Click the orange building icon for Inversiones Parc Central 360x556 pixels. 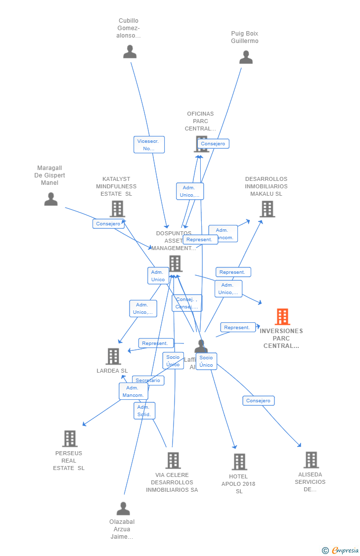click(x=282, y=317)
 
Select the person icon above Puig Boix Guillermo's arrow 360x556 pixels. click(x=246, y=57)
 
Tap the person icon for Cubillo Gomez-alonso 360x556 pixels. click(x=130, y=51)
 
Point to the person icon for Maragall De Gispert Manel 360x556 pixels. click(x=51, y=199)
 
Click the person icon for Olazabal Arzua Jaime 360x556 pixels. click(x=123, y=509)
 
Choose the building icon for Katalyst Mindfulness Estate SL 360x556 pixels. click(x=117, y=209)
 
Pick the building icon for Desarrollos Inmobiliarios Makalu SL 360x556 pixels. click(x=267, y=209)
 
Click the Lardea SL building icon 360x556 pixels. click(x=113, y=356)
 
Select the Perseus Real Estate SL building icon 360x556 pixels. click(x=70, y=438)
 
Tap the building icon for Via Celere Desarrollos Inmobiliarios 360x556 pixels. click(x=173, y=461)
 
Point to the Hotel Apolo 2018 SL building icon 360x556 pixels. click(x=239, y=462)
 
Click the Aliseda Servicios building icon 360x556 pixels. click(x=311, y=460)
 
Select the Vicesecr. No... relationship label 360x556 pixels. click(x=149, y=145)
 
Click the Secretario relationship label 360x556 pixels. click(x=148, y=381)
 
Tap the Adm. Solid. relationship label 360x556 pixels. click(x=144, y=411)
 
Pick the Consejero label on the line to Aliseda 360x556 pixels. click(x=258, y=401)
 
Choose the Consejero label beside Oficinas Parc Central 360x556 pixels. click(x=213, y=144)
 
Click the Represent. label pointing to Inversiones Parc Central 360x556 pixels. click(x=237, y=328)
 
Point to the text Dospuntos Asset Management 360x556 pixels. click(x=174, y=241)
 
